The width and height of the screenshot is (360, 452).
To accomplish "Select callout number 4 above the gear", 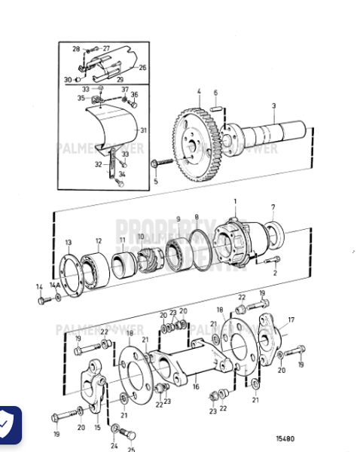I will [199, 93].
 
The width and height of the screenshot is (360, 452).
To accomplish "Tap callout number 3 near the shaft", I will [273, 105].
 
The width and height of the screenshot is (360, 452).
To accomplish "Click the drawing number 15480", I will [285, 438].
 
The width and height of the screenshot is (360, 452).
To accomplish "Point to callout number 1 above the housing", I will [234, 201].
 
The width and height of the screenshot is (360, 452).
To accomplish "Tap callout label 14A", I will [53, 286].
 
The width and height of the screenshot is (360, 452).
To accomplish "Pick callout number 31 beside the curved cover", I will [143, 130].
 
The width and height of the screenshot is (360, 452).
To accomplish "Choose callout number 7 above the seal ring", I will [273, 206].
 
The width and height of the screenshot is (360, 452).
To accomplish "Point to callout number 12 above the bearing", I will [98, 241].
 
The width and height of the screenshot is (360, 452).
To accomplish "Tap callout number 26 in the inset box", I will [142, 67].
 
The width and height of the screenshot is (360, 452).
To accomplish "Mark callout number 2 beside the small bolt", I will [275, 273].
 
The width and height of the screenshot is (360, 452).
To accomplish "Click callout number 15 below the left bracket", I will [97, 427].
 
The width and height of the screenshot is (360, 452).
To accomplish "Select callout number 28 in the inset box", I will [76, 49].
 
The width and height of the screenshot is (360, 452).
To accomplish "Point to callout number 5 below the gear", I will [155, 181].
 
